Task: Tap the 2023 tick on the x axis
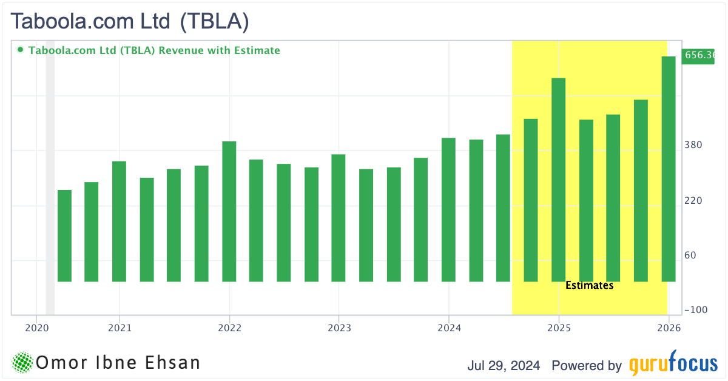339,328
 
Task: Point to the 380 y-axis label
693,145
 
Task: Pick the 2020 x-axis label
36,328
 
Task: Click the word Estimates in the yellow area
589,285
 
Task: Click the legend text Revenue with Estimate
219,50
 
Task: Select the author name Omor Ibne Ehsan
118,363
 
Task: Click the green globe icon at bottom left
22,363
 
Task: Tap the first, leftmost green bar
64,235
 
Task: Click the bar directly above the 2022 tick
229,211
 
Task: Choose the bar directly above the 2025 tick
558,180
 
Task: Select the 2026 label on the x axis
669,328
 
